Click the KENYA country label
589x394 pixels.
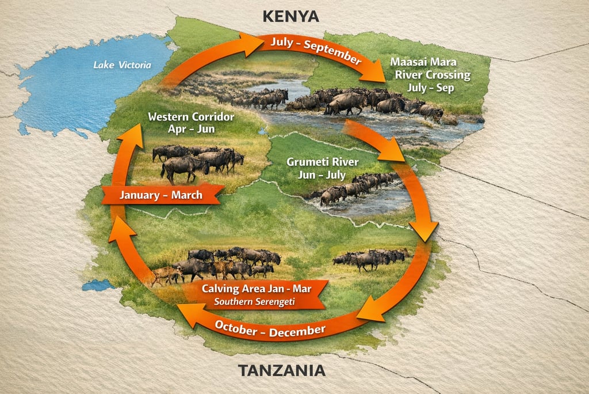290,16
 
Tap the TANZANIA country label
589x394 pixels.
282,370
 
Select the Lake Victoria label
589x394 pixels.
123,65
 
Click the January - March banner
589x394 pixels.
161,195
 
